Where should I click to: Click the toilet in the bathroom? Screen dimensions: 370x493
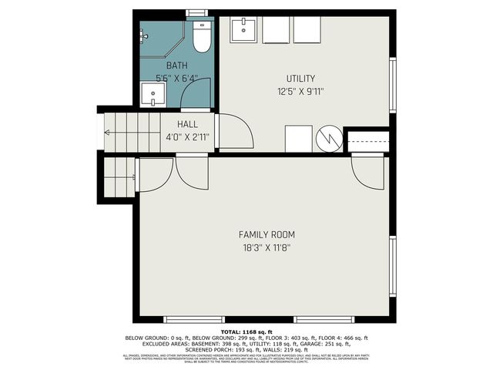tap(202, 38)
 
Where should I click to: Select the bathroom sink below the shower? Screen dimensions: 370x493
tap(153, 96)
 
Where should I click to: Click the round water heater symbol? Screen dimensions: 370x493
tap(327, 140)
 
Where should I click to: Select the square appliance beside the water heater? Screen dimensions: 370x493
tap(298, 140)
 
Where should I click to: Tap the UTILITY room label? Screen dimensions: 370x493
tap(301, 78)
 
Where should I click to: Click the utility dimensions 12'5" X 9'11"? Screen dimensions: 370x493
tap(301, 91)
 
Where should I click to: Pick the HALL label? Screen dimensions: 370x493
tap(187, 124)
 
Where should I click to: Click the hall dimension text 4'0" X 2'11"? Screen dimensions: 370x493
tap(187, 137)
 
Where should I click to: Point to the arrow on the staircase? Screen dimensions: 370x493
tap(109, 133)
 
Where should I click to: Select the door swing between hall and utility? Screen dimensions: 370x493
tap(234, 132)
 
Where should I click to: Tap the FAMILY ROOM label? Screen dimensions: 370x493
tap(267, 234)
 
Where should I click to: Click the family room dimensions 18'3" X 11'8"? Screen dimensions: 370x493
tap(267, 248)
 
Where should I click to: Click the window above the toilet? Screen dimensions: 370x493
tap(197, 13)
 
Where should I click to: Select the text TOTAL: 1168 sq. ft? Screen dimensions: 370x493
tap(246, 332)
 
